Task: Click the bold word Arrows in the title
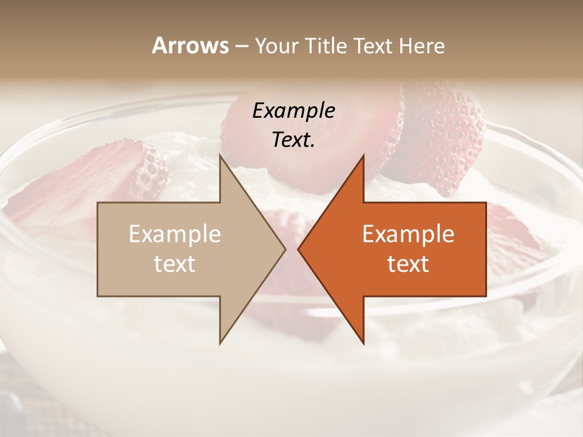coord(191,46)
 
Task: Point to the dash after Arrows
coord(241,47)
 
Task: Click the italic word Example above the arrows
coord(294,111)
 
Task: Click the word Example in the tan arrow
coord(175,234)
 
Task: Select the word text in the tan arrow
coord(175,264)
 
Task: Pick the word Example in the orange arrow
coord(408,234)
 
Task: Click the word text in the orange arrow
coord(408,264)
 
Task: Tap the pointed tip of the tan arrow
coord(284,249)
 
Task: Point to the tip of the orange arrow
coord(299,249)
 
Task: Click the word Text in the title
coord(374,46)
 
